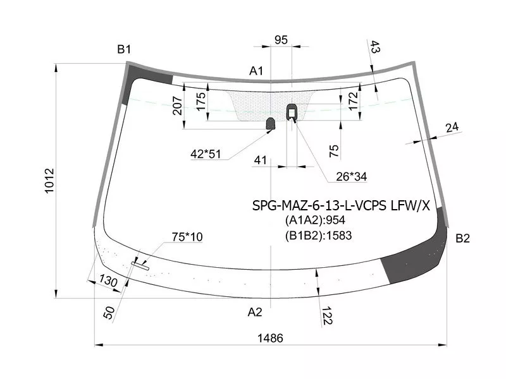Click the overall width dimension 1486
[271, 338]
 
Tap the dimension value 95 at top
[281, 40]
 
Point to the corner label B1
[123, 49]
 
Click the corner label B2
[463, 238]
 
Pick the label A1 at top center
[256, 71]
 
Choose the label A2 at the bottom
[255, 311]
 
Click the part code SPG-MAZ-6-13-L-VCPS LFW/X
[341, 205]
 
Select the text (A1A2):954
[315, 220]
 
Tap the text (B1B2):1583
[318, 236]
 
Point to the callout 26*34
[351, 177]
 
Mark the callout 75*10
[187, 237]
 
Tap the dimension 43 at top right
[374, 47]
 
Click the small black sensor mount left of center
[270, 123]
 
